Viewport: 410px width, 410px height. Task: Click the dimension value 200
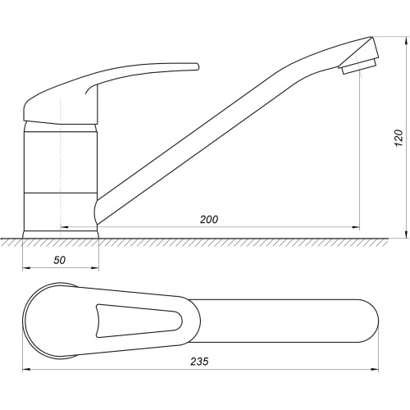tap(209, 220)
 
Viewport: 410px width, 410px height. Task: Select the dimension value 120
tap(399, 138)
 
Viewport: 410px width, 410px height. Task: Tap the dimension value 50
tap(60, 260)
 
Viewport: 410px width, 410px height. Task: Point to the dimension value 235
tap(199, 362)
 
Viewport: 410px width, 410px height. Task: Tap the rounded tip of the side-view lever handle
tap(197, 66)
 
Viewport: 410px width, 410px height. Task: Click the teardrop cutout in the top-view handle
tap(139, 321)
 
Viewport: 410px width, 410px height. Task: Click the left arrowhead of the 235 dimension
tap(26, 370)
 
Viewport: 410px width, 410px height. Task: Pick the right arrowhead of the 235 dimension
tap(375, 370)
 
